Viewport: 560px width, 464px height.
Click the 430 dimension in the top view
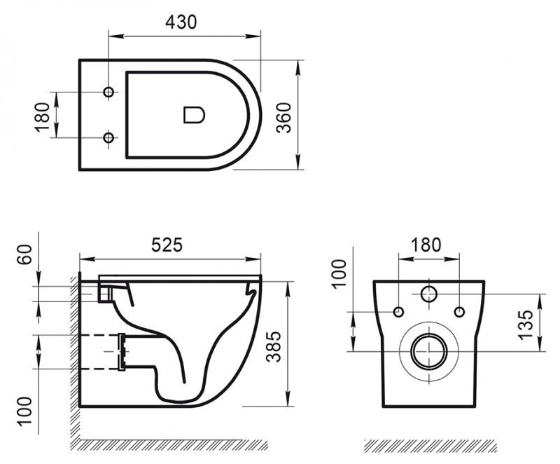(x=181, y=21)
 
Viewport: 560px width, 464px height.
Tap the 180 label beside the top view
(x=43, y=115)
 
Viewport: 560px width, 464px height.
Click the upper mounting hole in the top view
(x=108, y=93)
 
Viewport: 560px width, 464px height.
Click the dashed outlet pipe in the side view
(x=101, y=351)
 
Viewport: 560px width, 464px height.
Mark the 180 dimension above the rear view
(x=426, y=245)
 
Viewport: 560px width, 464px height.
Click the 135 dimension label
(x=526, y=322)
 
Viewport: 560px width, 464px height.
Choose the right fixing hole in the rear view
(x=459, y=311)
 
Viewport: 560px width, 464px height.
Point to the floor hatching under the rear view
(x=430, y=446)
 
